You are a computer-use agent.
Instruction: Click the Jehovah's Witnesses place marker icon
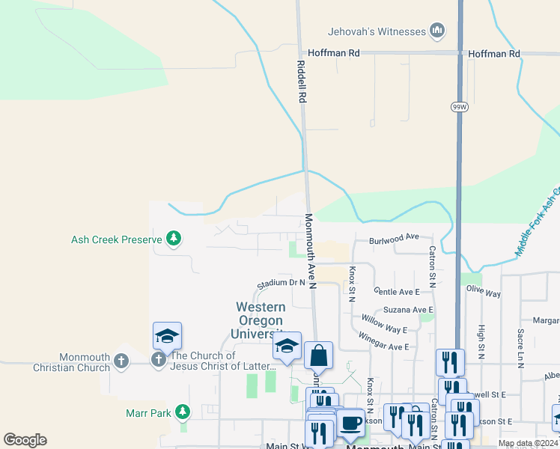[438, 31]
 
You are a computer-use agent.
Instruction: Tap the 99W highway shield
[459, 107]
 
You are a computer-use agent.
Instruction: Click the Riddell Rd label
[302, 82]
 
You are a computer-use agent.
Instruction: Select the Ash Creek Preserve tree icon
[174, 239]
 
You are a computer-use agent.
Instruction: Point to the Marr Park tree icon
[182, 412]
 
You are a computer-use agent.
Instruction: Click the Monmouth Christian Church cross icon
[122, 362]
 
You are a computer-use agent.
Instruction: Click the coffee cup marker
[350, 424]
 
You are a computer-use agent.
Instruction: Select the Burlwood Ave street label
[394, 238]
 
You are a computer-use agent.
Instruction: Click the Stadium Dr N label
[281, 283]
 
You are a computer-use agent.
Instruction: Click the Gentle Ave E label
[396, 291]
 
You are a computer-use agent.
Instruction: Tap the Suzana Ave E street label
[408, 309]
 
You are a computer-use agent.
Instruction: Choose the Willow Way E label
[384, 323]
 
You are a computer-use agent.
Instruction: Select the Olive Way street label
[483, 290]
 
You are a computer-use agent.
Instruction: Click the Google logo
[25, 440]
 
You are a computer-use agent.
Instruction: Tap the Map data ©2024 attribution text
[527, 443]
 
